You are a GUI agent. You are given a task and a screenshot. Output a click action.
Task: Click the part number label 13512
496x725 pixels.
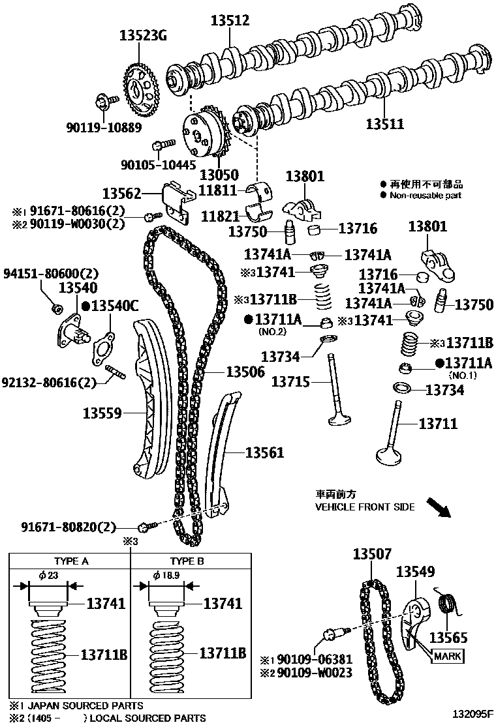(x=230, y=20)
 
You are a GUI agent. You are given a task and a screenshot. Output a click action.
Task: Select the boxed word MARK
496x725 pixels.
(x=448, y=657)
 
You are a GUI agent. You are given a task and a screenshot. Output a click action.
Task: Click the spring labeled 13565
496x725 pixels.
(x=448, y=604)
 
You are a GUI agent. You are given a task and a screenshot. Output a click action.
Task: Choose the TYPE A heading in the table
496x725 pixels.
(x=70, y=560)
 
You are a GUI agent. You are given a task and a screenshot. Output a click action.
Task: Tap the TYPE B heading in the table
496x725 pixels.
(x=187, y=560)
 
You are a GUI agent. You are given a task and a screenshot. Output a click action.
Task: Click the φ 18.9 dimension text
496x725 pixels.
(x=166, y=575)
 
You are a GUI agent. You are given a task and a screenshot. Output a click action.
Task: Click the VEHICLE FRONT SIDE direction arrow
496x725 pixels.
(x=437, y=506)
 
